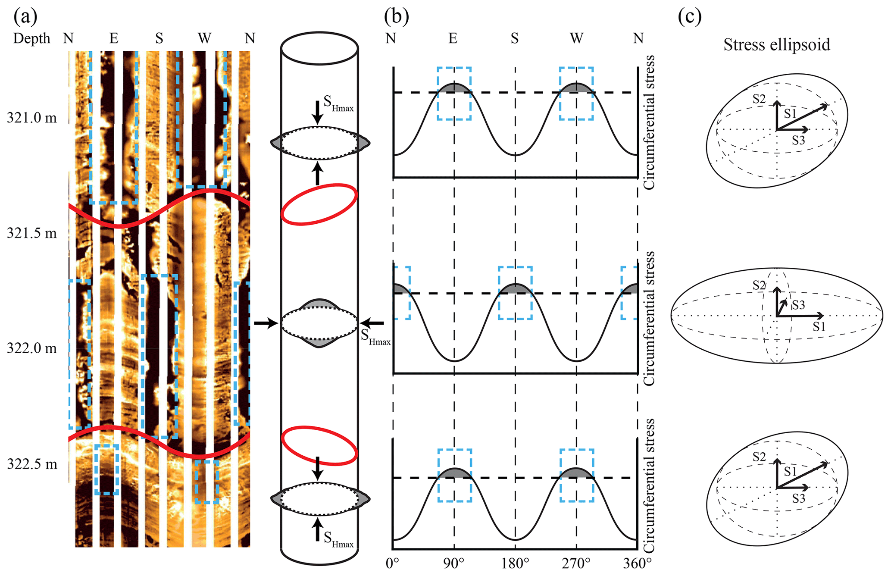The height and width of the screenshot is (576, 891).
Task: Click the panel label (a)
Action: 25,16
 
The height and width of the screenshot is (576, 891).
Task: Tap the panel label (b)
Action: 397,16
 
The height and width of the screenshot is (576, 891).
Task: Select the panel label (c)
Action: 690,16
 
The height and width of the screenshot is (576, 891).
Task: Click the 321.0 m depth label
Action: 31,118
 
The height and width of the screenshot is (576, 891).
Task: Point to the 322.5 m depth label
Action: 31,464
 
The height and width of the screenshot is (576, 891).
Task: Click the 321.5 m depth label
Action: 31,233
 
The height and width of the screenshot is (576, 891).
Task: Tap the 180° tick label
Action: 515,563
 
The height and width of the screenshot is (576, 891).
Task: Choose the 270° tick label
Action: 576,563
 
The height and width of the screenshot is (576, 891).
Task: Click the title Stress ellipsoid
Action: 776,44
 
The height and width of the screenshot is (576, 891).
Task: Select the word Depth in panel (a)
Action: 31,38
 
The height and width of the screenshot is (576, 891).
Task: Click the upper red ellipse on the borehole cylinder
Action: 319,204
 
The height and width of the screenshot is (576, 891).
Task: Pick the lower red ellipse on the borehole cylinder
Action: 319,445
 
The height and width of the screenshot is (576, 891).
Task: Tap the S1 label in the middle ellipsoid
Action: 819,327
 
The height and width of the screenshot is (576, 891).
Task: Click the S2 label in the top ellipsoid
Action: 759,99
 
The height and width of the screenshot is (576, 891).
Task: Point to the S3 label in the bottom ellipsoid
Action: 798,498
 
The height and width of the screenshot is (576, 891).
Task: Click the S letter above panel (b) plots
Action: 515,38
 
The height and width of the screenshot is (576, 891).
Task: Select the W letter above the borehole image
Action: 204,38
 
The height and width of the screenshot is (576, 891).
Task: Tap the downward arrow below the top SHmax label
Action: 318,112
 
